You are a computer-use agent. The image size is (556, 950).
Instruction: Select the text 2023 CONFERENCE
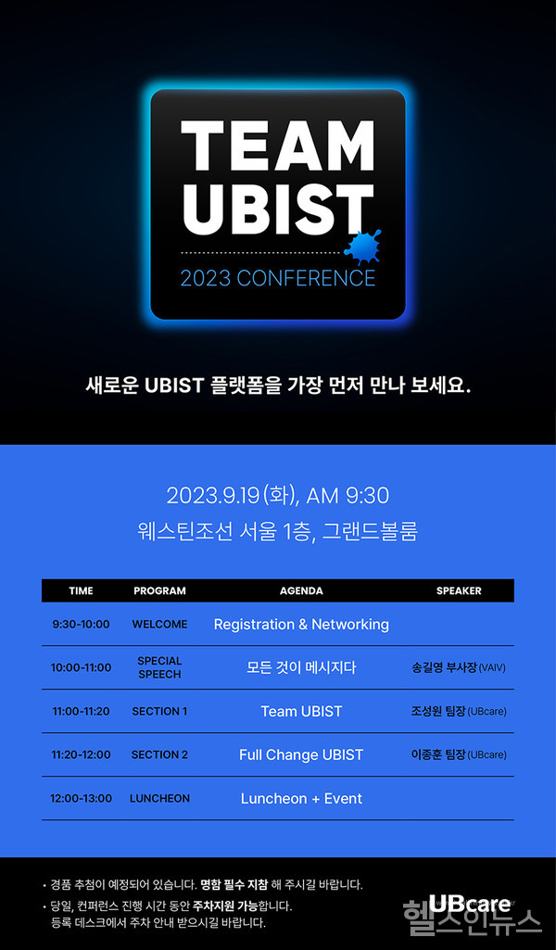pos(278,278)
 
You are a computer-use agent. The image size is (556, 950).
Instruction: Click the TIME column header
pos(81,590)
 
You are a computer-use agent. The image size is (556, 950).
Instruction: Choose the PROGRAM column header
pos(159,590)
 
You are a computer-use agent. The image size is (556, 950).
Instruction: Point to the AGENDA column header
pos(301,590)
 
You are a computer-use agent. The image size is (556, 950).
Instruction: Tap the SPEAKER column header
pos(459,590)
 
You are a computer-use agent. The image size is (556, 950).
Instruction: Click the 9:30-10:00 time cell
pos(81,625)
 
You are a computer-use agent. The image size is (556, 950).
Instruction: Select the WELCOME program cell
pos(159,625)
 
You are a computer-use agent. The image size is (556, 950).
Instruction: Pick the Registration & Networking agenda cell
pos(301,625)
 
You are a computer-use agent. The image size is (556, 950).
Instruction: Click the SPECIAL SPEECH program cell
pos(159,667)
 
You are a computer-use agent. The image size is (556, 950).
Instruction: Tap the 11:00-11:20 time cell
pos(81,712)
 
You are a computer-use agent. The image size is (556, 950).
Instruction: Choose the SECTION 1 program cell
pos(159,712)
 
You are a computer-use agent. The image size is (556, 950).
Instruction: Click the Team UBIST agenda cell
pos(301,712)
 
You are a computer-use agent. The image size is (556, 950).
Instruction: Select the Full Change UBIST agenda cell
pos(301,755)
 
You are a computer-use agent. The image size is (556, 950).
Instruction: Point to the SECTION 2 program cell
pos(159,755)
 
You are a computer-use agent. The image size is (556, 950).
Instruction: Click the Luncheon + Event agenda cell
pos(301,799)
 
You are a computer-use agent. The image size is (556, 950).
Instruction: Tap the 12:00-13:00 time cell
pos(81,799)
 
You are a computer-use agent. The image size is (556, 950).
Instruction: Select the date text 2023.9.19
pos(213,496)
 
